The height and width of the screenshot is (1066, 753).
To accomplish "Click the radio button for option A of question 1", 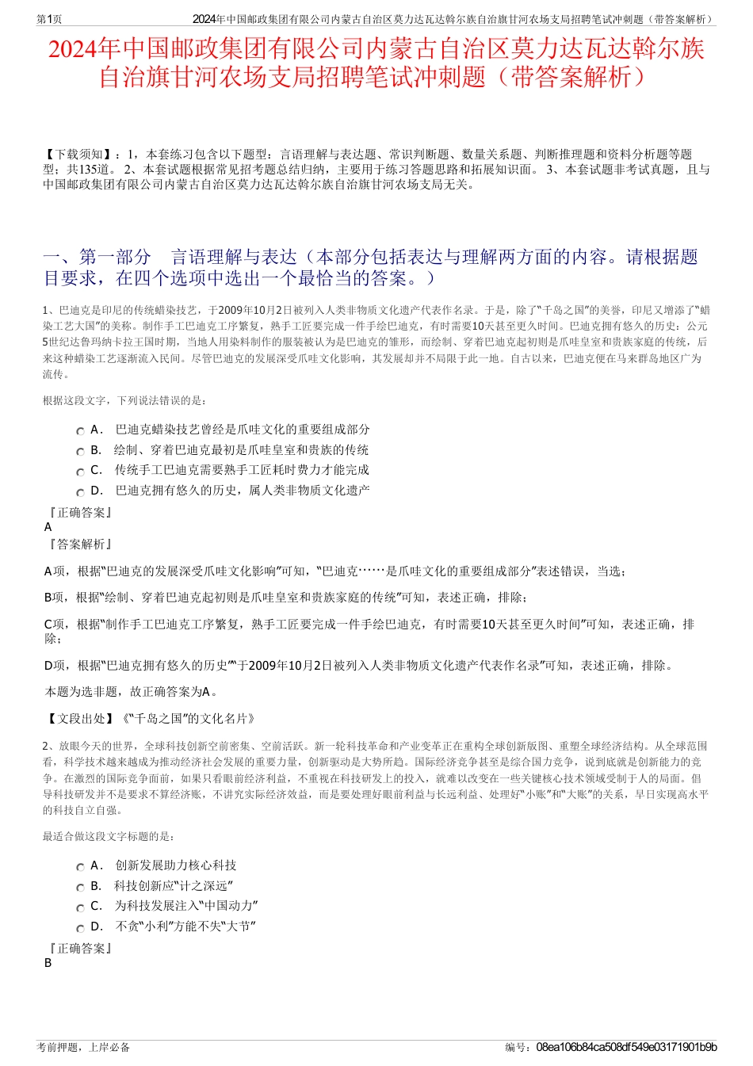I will (80, 431).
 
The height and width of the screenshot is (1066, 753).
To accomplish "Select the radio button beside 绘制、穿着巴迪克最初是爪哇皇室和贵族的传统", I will (80, 452).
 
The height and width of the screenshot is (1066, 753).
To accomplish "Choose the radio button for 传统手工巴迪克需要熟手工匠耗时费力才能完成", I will (80, 472).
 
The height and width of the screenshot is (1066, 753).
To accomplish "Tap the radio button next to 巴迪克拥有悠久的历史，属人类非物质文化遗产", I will (80, 492).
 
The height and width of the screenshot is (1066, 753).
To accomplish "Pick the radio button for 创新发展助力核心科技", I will (80, 867).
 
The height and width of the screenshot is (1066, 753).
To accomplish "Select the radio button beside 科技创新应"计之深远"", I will (80, 888).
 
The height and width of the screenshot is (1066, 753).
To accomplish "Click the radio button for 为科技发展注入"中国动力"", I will (80, 907).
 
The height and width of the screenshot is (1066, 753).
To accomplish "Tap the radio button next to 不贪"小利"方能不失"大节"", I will (80, 928).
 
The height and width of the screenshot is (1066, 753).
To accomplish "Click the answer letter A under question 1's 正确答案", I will (48, 527).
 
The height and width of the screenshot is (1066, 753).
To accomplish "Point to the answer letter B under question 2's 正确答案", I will (48, 963).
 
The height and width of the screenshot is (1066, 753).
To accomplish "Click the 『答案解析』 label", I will (79, 544).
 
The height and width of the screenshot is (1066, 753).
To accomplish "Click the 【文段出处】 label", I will (78, 719).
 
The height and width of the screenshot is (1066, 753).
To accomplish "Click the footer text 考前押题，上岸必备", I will (83, 1048).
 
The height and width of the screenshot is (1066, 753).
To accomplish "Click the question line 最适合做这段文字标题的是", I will (109, 837).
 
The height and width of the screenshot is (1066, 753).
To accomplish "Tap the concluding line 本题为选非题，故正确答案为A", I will (132, 692).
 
